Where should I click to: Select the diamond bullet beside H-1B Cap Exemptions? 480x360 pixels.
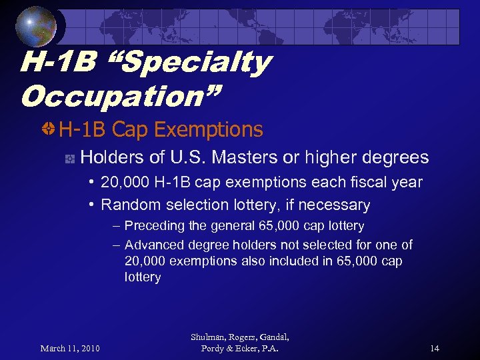(x=49, y=129)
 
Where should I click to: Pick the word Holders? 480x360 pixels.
(x=106, y=158)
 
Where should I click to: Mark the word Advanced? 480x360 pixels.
(x=153, y=245)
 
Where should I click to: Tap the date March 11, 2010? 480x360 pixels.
(x=69, y=348)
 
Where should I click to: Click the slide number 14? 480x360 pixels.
(x=435, y=348)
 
